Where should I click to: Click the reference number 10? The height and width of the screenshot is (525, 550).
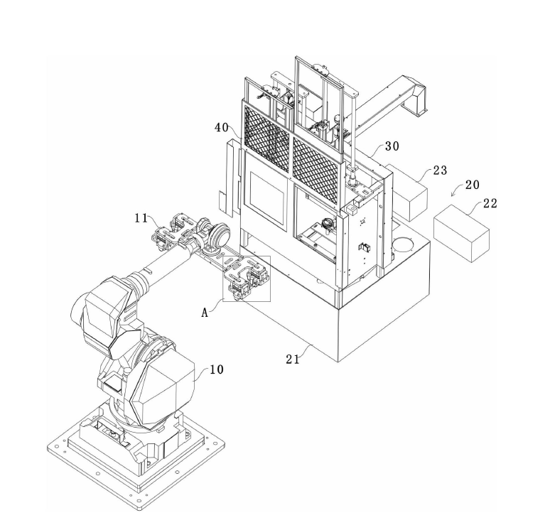(x=217, y=369)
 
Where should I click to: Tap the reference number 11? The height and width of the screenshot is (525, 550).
(x=141, y=218)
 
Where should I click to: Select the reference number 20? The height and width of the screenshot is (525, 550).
(x=472, y=185)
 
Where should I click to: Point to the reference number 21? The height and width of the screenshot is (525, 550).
(x=293, y=359)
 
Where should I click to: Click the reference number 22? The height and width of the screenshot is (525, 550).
(x=490, y=203)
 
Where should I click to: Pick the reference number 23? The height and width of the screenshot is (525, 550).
(x=440, y=171)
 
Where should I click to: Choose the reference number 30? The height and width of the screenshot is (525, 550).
(x=392, y=146)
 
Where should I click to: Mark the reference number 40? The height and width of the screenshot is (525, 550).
(x=222, y=128)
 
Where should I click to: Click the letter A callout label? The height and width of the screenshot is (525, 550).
(x=205, y=313)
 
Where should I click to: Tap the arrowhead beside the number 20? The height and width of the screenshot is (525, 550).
(x=453, y=194)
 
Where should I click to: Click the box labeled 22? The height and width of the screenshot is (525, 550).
(x=462, y=233)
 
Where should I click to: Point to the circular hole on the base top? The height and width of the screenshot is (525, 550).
(x=404, y=244)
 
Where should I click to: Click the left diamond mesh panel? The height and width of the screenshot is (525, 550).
(x=266, y=139)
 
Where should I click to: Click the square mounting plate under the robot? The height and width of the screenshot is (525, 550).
(x=136, y=456)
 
